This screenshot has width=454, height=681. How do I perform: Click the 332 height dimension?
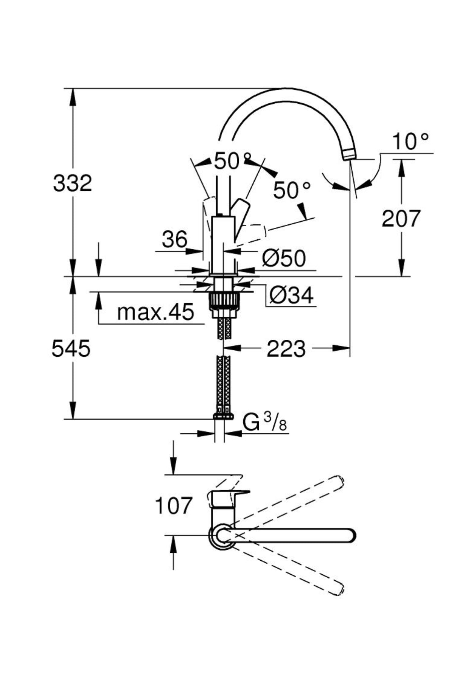coord(72,183)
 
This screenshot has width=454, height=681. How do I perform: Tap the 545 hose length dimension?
coord(71,348)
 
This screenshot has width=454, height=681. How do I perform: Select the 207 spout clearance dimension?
coord(401,218)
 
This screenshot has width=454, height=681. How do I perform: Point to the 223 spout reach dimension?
coord(286,348)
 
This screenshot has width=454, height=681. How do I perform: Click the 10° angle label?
coord(410,141)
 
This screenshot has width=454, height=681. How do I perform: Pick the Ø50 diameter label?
coord(284,258)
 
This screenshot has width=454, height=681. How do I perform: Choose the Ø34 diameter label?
coord(292,295)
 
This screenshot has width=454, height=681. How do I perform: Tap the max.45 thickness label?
coord(155,312)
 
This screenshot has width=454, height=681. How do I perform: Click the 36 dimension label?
coord(175,239)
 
